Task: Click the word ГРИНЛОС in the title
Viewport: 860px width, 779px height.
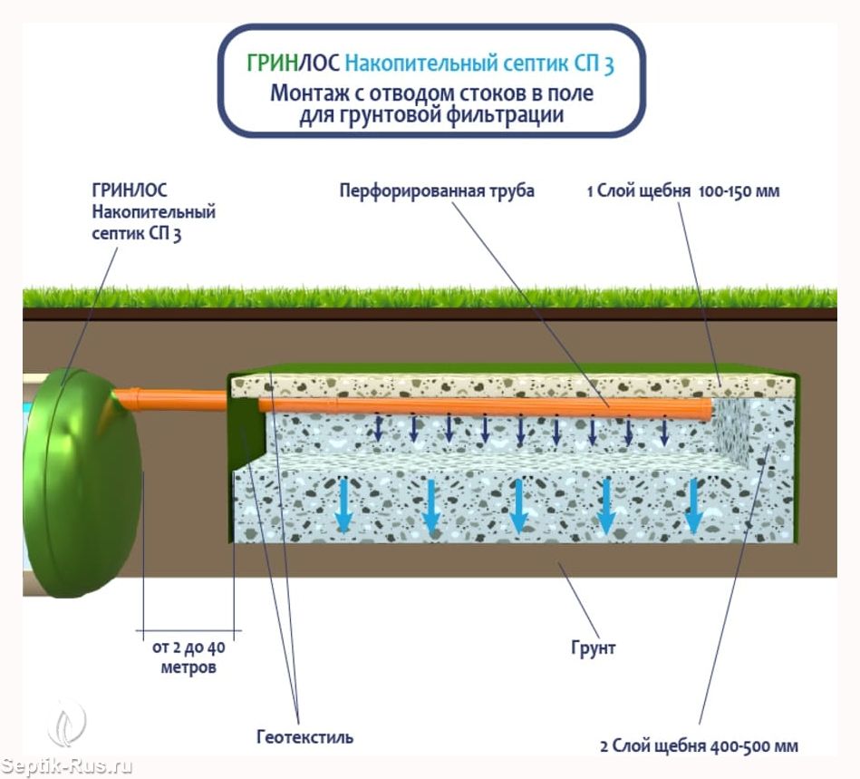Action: coord(293,64)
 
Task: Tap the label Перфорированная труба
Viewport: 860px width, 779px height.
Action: coord(437,191)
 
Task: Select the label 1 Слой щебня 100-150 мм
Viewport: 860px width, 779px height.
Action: coord(682,191)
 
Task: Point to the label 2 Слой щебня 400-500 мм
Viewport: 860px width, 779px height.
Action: coord(699,745)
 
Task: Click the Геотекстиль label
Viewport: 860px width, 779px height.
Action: coord(304,736)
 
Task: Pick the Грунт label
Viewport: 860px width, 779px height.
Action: coord(594,648)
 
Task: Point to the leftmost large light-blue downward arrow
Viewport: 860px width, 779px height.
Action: coord(344,505)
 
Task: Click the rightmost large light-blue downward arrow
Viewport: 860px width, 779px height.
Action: coord(694,505)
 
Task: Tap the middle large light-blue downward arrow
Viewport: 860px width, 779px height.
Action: coord(519,505)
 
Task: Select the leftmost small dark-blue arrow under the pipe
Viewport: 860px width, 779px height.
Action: coord(380,428)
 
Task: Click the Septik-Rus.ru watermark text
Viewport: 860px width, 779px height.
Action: coord(67,766)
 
